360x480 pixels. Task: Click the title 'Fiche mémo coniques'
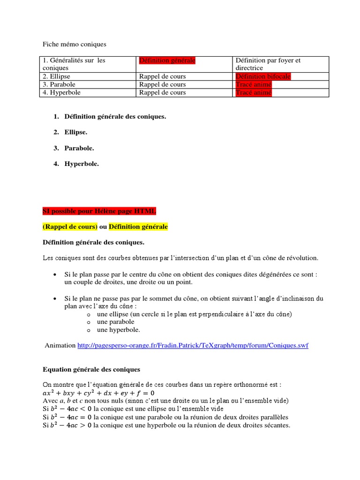click(75, 45)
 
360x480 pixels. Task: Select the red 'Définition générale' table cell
click(167, 60)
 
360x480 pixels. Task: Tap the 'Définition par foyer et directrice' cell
click(268, 64)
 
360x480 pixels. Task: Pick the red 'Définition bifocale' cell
click(262, 76)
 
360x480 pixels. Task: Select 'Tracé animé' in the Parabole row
click(253, 84)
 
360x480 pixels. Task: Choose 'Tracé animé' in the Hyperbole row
click(253, 93)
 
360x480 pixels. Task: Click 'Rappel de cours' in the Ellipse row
click(162, 76)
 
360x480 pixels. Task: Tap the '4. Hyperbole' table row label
click(61, 93)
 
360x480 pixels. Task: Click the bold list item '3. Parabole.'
click(79, 148)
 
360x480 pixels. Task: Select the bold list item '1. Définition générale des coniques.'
click(115, 116)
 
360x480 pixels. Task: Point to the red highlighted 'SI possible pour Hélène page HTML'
click(99, 211)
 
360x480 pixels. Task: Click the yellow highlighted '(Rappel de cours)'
click(70, 227)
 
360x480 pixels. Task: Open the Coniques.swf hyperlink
click(193, 345)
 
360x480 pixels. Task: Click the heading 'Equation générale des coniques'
click(91, 369)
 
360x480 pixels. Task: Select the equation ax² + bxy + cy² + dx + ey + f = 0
click(98, 393)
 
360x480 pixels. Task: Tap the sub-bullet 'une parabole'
click(115, 322)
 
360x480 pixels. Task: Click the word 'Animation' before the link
click(60, 345)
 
